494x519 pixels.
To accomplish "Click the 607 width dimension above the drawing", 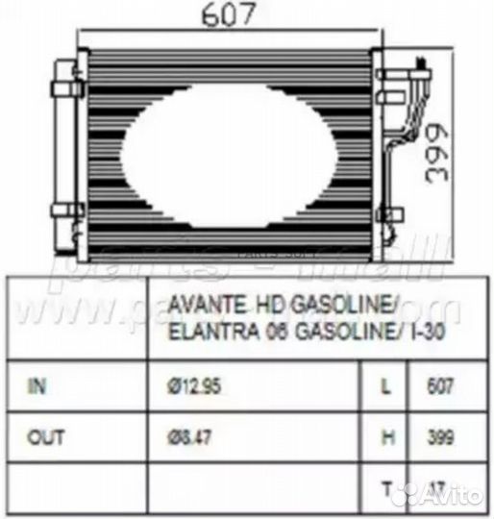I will click(x=231, y=16).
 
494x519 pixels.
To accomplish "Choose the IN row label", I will click(x=37, y=386).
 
